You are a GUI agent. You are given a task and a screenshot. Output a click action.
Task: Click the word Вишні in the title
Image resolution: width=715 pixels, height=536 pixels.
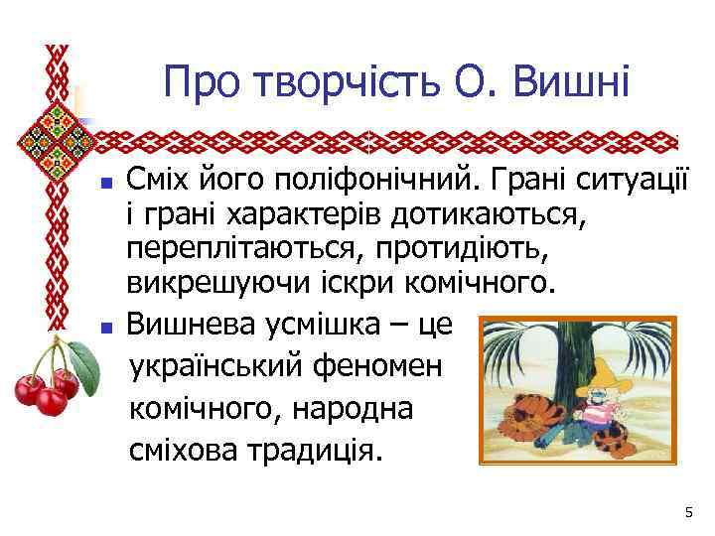click(x=571, y=80)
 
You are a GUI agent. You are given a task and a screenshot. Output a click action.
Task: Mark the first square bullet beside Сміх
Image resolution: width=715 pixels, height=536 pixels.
click(x=108, y=185)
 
